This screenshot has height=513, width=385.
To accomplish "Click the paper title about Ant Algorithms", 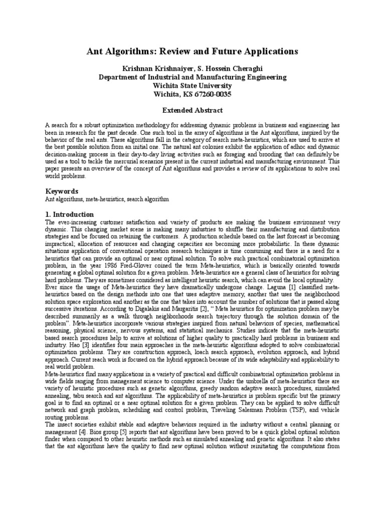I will click(192, 52).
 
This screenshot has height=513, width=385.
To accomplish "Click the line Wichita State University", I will click(192, 86).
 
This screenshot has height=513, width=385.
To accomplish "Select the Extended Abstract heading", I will click(192, 110).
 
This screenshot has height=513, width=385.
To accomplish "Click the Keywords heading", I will click(62, 191).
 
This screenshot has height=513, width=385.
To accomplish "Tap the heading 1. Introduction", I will click(69, 214).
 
